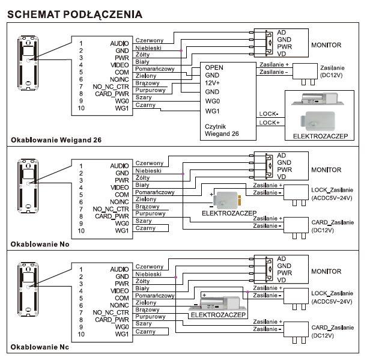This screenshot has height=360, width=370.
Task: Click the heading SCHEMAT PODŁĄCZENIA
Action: click(x=75, y=14)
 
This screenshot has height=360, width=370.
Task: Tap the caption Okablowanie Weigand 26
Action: click(x=56, y=140)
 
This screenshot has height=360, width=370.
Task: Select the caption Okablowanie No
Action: click(x=40, y=244)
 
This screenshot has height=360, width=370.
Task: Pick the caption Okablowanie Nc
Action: click(x=40, y=347)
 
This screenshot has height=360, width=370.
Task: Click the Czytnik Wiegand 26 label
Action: click(x=222, y=130)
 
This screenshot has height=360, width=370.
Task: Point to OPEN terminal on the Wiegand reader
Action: click(x=214, y=67)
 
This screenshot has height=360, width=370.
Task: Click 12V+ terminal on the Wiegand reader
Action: click(x=213, y=83)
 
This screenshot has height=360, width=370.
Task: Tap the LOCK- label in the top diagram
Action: click(x=268, y=114)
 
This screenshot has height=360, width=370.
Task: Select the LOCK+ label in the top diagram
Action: click(x=269, y=123)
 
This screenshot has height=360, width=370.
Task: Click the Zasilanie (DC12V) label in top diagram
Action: click(x=332, y=72)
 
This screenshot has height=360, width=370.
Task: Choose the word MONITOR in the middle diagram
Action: click(x=326, y=169)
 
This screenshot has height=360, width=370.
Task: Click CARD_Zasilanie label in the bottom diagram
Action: click(x=333, y=328)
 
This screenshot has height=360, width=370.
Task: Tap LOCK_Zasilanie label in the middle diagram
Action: click(x=332, y=190)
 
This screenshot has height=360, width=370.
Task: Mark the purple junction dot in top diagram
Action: click(x=181, y=50)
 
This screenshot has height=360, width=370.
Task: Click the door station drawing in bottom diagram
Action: click(x=28, y=290)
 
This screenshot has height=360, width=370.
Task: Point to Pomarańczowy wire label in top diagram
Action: click(x=155, y=69)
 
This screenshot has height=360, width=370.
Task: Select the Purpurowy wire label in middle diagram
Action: click(x=150, y=213)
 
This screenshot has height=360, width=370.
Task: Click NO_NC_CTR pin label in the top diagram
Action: click(x=111, y=87)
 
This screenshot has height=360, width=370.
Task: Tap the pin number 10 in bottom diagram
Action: click(x=81, y=334)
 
